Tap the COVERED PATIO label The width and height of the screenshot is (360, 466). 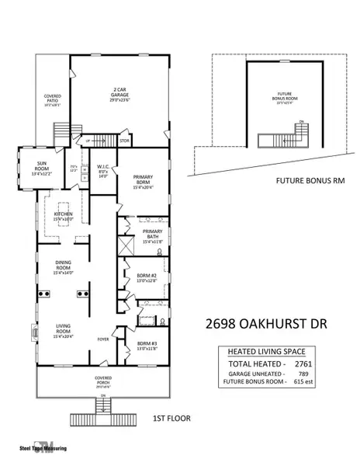coord(52,99)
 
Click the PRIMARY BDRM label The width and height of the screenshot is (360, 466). coord(143,181)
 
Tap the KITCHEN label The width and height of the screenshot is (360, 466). coord(63,216)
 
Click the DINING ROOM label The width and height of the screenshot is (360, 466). coord(62,269)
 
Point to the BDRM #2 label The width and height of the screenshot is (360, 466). coord(147,278)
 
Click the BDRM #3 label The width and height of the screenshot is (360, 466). coord(147,345)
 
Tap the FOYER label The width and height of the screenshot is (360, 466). coord(102,339)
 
